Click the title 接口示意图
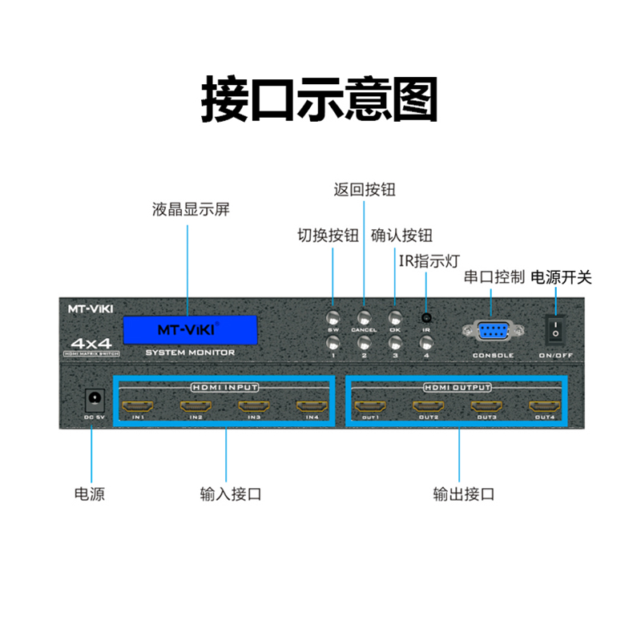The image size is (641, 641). click(320, 99)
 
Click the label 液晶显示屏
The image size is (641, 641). click(191, 210)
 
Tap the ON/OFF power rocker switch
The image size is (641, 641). click(554, 327)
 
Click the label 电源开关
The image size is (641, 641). click(561, 277)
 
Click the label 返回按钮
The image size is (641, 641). click(365, 190)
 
